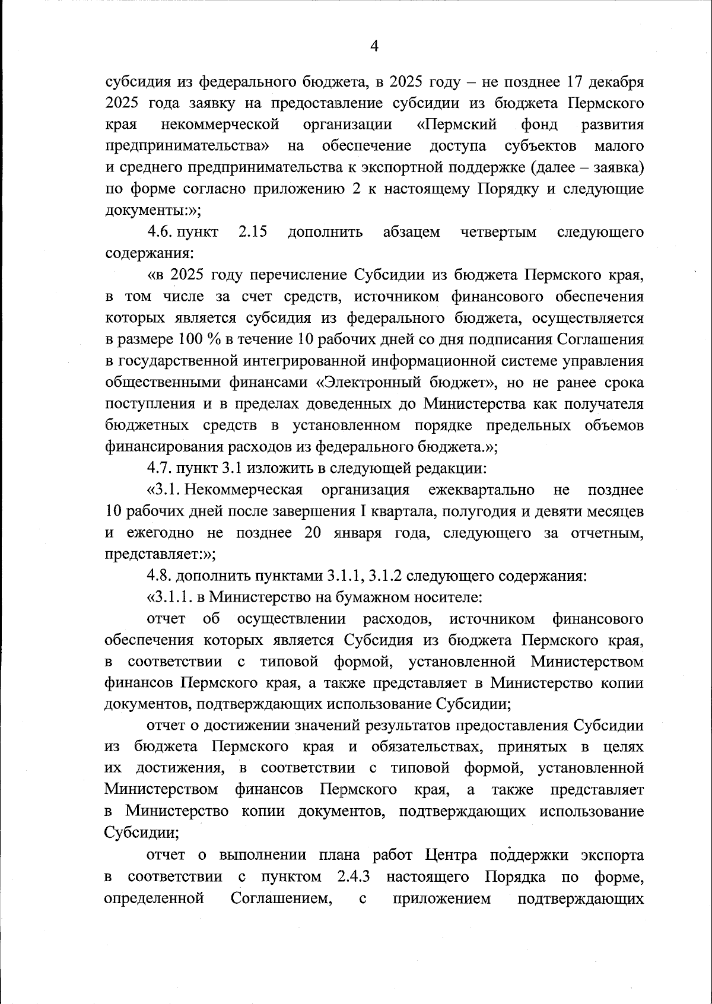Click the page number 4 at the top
(x=374, y=46)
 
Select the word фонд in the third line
(x=539, y=125)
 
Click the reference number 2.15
(x=252, y=232)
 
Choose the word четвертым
(x=498, y=232)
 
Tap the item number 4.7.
(x=159, y=468)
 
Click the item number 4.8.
(x=159, y=576)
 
